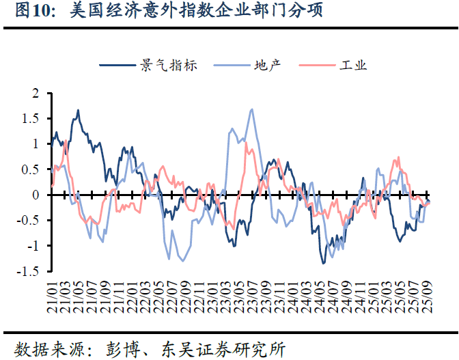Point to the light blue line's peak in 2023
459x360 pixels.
(252, 109)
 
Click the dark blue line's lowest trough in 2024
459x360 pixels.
(323, 263)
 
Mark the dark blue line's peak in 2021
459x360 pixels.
(79, 110)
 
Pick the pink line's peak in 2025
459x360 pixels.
(398, 158)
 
